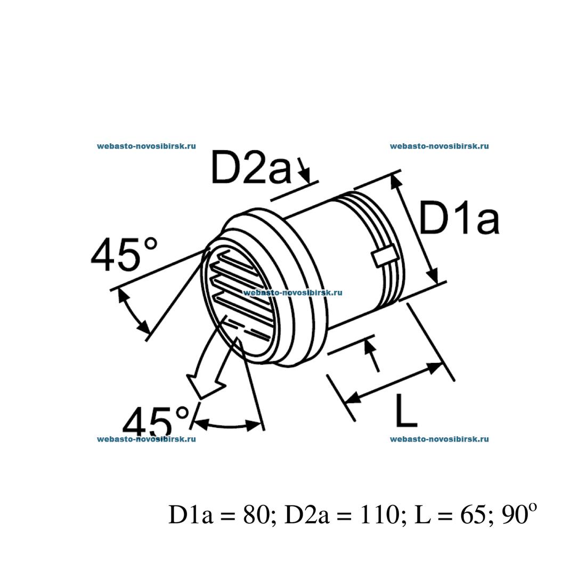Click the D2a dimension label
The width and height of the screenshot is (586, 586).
tap(251, 168)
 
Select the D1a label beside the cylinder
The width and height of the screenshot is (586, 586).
tap(459, 218)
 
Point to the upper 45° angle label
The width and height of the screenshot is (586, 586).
tap(125, 255)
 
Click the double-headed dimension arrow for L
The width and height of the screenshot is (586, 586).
tap(394, 382)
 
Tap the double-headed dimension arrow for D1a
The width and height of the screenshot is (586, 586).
tap(416, 229)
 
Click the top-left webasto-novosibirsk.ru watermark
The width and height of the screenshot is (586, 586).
tap(146, 146)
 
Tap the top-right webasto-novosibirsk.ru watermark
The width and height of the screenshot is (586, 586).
tap(439, 146)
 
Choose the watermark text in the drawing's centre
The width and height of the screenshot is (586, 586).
tap(292, 292)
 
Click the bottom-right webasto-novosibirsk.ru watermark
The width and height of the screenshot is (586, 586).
tap(439, 439)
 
